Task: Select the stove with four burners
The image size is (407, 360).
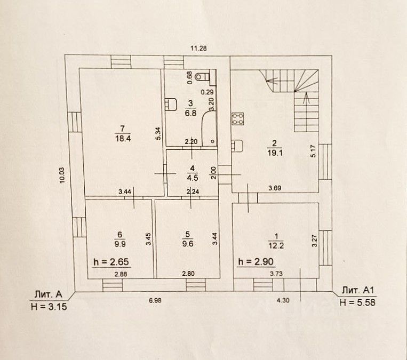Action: point(237,118)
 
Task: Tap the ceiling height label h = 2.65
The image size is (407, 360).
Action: point(111,262)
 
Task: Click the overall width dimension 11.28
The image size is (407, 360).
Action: point(198,48)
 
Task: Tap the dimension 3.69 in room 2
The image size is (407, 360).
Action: point(274,187)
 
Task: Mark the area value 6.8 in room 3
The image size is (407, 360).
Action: point(189,113)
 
